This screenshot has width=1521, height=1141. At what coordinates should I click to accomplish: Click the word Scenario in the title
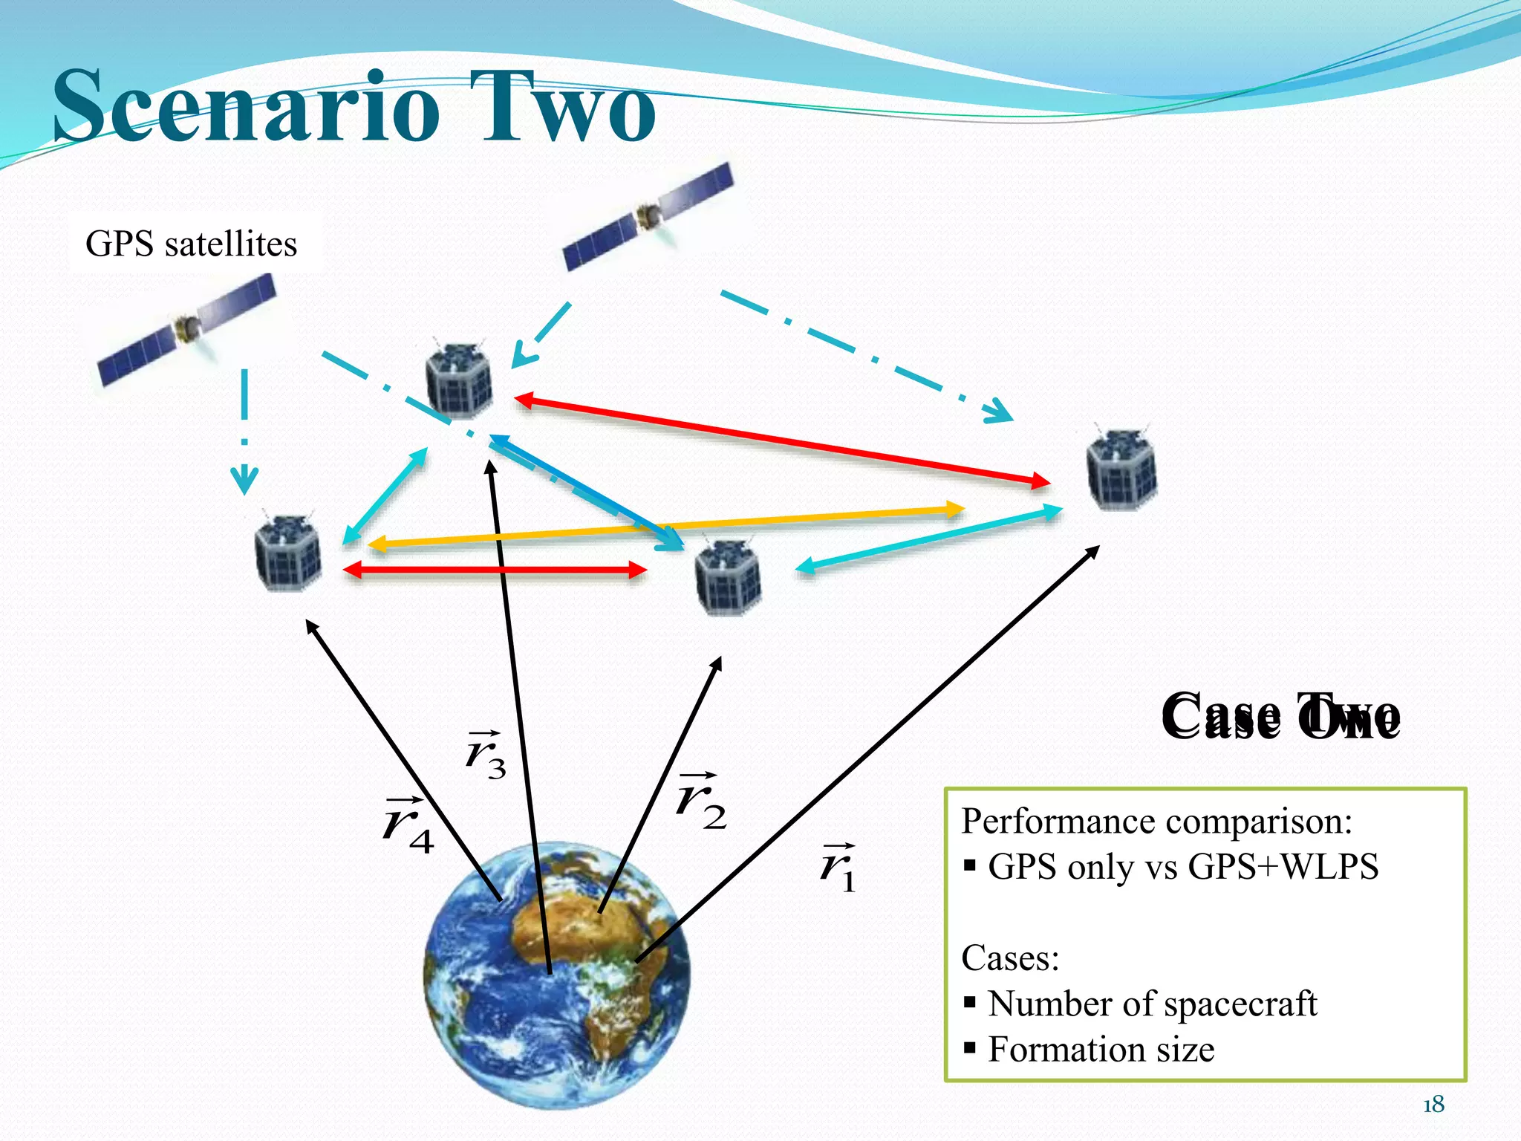(245, 108)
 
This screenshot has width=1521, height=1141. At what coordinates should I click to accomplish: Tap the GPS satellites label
(191, 244)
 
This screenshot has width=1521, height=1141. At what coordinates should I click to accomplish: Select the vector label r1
(838, 868)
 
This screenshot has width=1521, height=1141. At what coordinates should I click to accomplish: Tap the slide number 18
(1433, 1105)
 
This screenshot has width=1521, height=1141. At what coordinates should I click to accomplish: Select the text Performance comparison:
(1156, 822)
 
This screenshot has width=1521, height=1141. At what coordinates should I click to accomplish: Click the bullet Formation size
(1101, 1050)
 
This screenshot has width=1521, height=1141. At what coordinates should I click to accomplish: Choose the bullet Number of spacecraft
(1151, 1004)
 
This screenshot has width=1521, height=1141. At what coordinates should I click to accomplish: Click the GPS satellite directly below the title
(648, 215)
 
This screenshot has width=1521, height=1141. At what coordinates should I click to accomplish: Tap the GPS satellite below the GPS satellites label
(187, 329)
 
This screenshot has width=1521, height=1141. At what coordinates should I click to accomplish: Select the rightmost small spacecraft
(1121, 468)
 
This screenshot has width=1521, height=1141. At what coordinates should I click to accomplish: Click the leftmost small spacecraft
(288, 553)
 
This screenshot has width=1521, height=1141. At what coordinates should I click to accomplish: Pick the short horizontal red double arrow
(495, 570)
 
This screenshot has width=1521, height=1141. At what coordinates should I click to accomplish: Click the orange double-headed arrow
(666, 527)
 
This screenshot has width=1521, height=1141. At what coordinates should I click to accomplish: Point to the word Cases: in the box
(1010, 958)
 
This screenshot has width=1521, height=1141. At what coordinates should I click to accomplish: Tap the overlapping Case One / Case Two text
(1280, 717)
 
